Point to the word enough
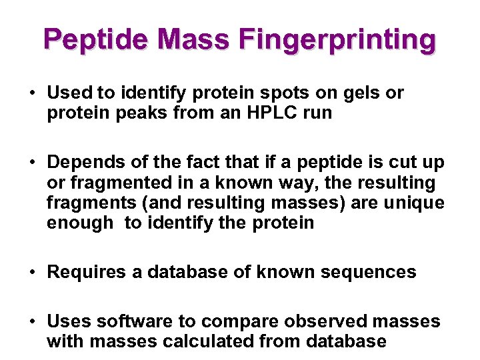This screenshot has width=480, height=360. [x=80, y=222]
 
